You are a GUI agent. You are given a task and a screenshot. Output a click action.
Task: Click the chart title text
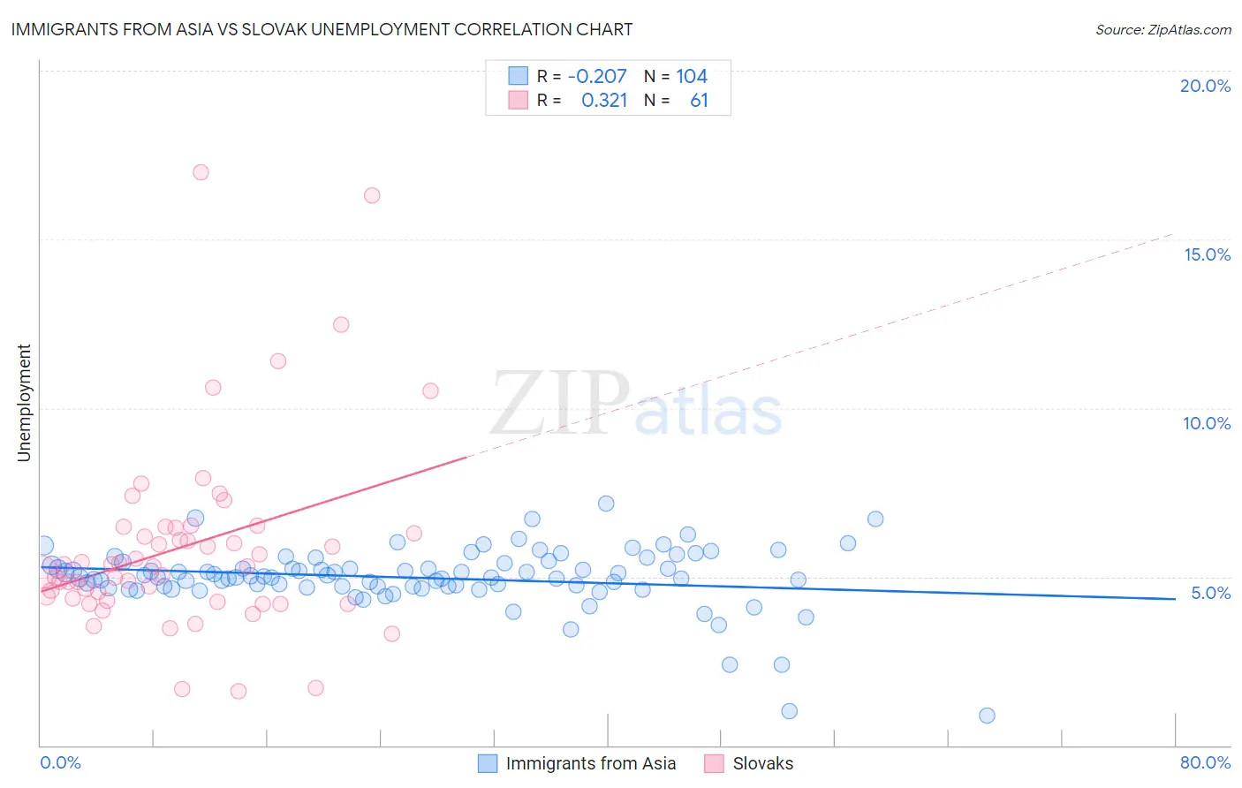tap(322, 29)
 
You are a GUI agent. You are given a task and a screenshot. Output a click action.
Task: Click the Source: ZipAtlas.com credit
tap(1162, 29)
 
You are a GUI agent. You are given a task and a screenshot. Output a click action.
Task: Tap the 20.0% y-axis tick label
tap(1205, 86)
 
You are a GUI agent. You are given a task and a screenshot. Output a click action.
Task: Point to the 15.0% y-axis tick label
tap(1207, 254)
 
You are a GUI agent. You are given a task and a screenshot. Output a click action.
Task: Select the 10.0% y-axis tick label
tap(1207, 423)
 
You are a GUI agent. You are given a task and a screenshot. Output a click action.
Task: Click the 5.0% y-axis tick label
tap(1210, 593)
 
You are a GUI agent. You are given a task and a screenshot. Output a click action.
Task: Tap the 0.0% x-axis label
tap(60, 762)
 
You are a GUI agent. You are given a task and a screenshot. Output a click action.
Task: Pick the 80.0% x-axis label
tap(1205, 762)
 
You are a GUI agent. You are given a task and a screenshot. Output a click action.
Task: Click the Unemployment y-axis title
tap(25, 403)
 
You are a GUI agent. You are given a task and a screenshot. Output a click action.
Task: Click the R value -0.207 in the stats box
tap(597, 77)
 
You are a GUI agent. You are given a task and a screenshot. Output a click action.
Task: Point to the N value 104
tap(692, 77)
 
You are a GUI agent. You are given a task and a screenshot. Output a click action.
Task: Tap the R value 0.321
tap(604, 101)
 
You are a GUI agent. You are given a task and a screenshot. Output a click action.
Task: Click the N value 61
tap(699, 101)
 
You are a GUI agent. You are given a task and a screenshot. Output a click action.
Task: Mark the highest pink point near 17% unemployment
tap(201, 172)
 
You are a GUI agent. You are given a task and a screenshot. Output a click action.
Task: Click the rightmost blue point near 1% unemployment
tap(987, 716)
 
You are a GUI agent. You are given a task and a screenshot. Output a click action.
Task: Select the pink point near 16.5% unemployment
tap(372, 195)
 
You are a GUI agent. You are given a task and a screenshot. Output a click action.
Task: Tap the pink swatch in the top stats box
tap(518, 101)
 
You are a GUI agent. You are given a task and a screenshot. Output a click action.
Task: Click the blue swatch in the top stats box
tap(518, 77)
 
